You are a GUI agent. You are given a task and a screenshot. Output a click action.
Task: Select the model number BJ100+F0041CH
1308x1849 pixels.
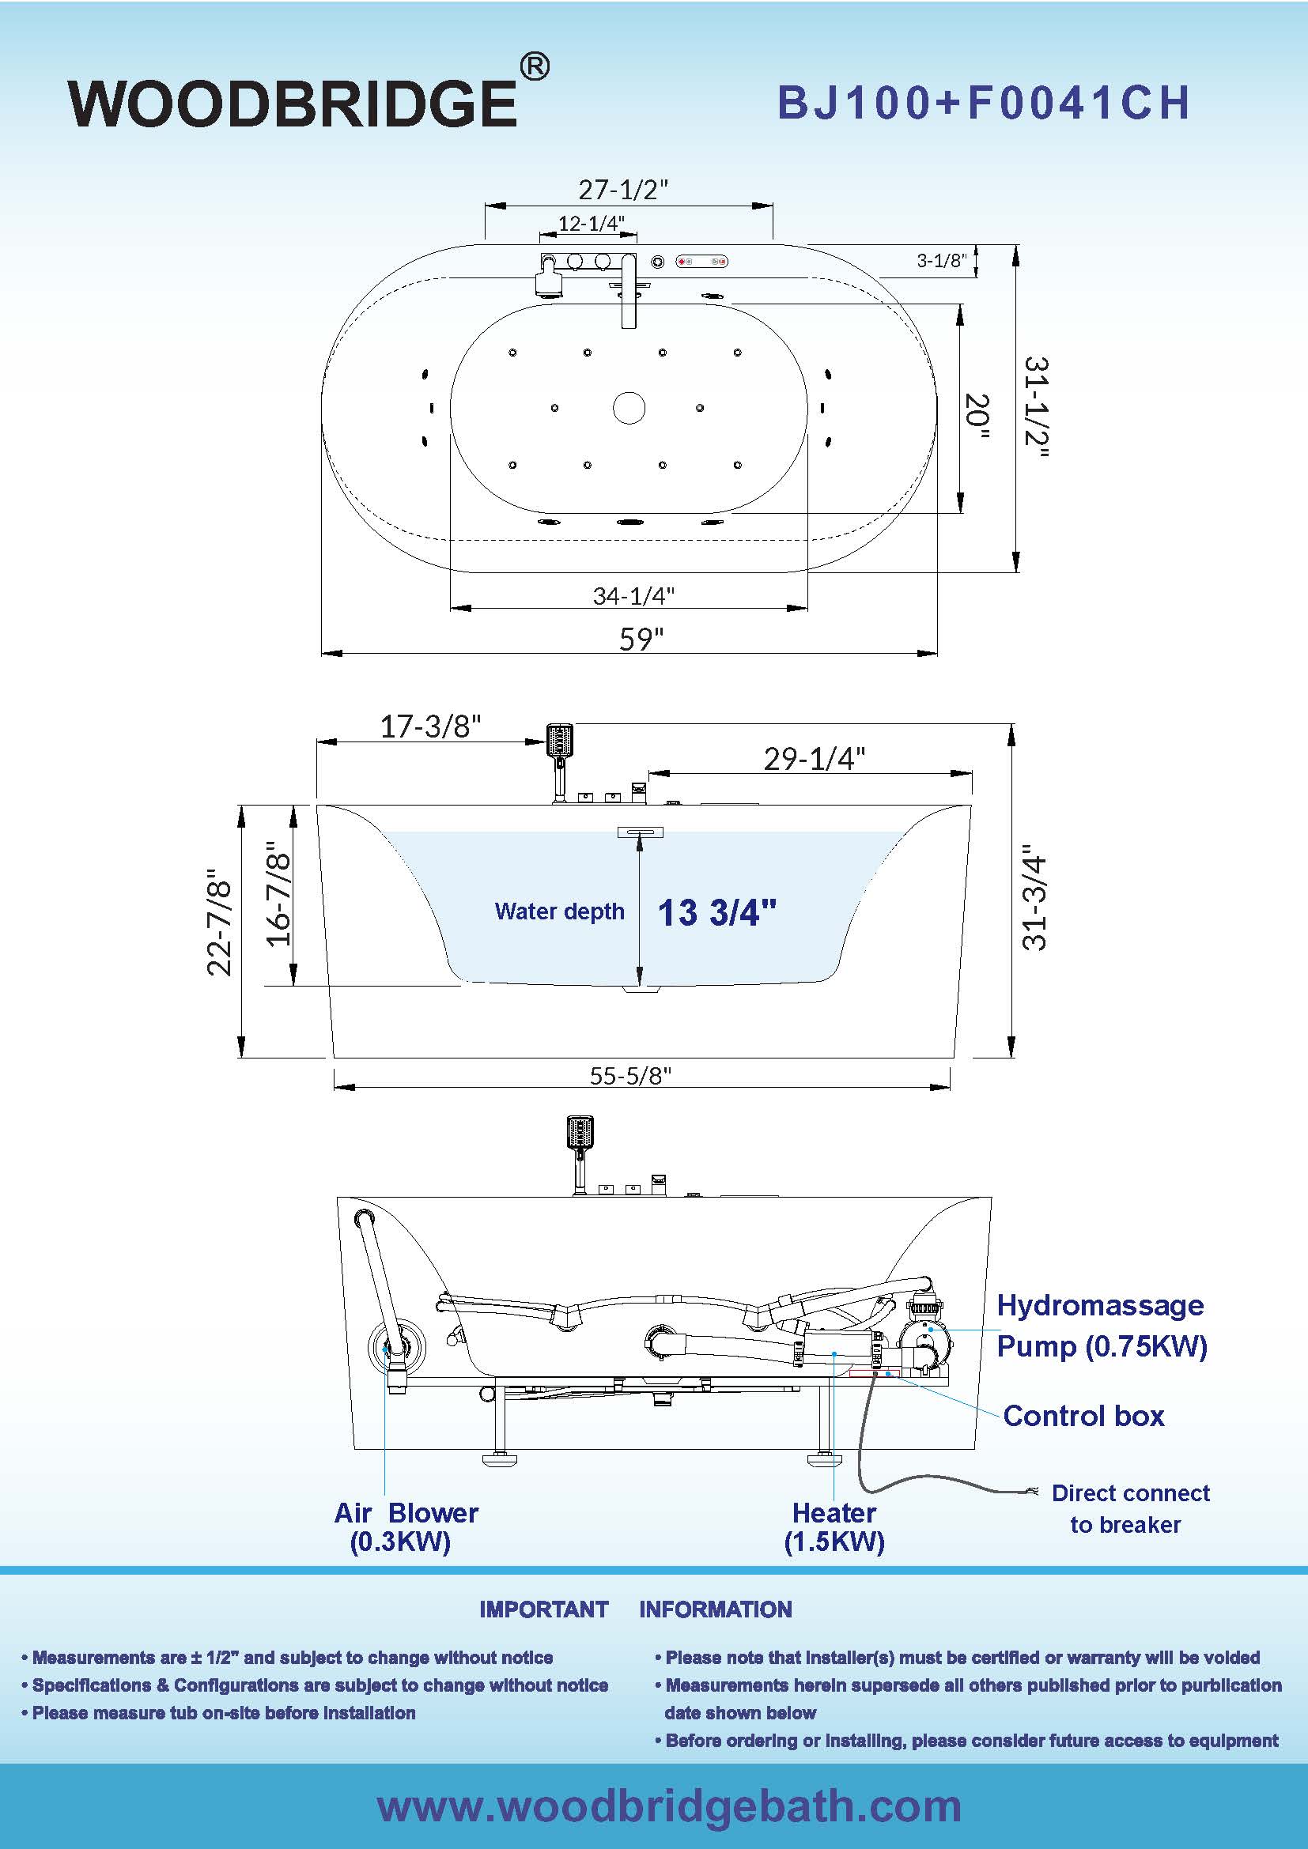983,104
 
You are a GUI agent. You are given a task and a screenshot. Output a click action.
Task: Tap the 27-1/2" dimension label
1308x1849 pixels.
623,190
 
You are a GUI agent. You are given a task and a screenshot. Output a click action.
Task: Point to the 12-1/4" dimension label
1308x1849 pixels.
592,223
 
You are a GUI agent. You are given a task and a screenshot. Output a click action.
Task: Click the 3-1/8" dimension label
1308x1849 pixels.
942,260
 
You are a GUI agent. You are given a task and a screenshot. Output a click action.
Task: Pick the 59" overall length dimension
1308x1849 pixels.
641,639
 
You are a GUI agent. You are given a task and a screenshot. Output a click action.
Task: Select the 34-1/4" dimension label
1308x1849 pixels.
633,596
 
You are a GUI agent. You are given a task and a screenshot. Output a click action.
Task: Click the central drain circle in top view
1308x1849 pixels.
629,407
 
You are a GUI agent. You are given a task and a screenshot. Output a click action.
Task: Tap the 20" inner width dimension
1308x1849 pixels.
976,416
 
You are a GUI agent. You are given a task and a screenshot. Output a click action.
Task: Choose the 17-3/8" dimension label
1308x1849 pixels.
430,726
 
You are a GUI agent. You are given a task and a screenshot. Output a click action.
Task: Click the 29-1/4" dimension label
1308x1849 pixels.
815,759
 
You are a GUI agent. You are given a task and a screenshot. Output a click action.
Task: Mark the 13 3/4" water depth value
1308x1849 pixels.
716,913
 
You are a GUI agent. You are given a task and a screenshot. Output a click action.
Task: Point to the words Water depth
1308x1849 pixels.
559,911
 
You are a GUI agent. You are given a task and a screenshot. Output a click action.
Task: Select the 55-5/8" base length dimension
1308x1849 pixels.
629,1076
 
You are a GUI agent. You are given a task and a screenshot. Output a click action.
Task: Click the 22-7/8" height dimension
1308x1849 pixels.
220,923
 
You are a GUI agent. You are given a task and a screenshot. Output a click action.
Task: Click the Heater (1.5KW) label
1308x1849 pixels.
834,1526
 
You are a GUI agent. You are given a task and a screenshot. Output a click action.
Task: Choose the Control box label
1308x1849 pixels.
1083,1415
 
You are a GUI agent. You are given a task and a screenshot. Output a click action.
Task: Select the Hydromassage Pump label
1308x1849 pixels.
1101,1325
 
